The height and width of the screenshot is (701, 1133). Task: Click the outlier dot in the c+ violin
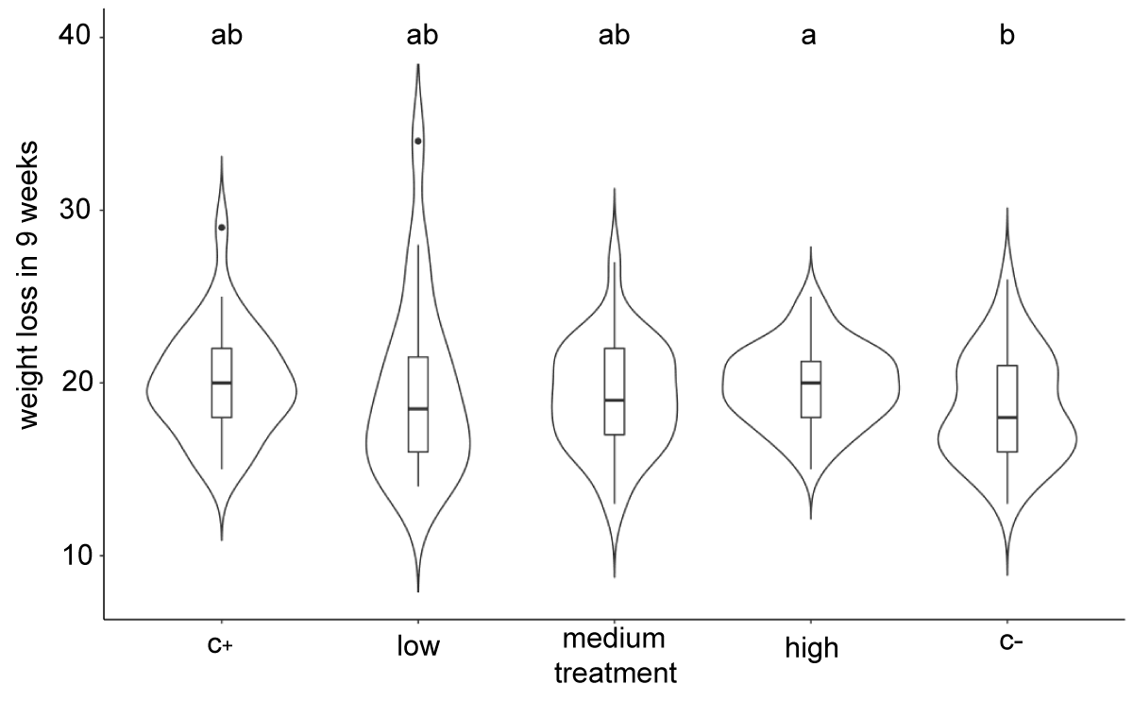(x=222, y=228)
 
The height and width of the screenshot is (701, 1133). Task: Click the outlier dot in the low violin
(x=417, y=141)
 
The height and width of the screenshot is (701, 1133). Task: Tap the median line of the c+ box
(x=222, y=383)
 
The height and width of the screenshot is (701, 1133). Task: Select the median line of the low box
(x=418, y=408)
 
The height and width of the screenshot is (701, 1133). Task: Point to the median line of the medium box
(x=615, y=400)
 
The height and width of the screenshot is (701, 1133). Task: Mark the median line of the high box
(x=811, y=383)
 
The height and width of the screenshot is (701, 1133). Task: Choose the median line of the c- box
(x=1007, y=417)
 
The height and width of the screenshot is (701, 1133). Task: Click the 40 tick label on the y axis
(x=75, y=36)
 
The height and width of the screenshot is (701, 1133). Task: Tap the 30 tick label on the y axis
(x=75, y=209)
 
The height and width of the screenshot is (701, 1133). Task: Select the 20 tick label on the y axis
(x=75, y=383)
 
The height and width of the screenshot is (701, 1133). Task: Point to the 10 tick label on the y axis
(x=75, y=556)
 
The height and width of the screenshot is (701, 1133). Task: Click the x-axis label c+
(x=220, y=644)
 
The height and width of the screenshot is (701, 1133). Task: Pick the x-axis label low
(x=418, y=646)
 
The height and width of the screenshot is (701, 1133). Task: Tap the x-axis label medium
(x=614, y=639)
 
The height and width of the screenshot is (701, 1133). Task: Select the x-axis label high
(x=812, y=648)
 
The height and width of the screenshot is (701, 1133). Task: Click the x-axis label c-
(x=1011, y=641)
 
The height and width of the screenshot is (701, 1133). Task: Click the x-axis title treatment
(x=616, y=674)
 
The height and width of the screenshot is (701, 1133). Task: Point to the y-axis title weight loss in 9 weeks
(x=28, y=285)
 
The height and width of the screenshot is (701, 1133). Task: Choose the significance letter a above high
(x=808, y=36)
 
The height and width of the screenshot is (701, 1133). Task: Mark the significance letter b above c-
(x=1007, y=34)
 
